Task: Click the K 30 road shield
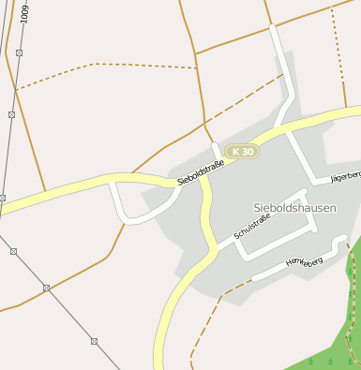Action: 241,151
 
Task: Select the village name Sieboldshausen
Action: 294,207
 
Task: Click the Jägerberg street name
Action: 344,176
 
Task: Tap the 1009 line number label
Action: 24,12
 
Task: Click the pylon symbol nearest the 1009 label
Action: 19,52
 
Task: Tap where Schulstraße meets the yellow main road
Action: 218,247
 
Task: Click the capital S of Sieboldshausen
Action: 257,207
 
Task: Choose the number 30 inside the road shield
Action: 246,151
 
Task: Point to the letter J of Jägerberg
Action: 331,180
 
